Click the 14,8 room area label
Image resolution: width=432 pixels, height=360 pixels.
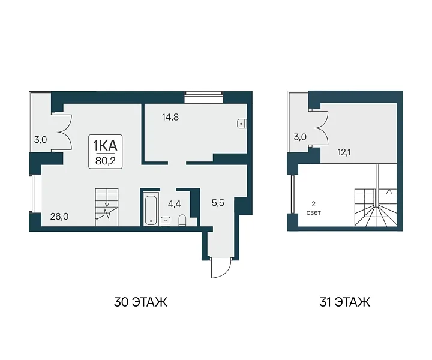tap(170, 118)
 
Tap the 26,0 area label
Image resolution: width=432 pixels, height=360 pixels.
tap(59, 217)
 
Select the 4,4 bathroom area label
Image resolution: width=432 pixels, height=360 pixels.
tap(174, 204)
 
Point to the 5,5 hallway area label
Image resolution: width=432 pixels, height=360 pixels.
tap(218, 203)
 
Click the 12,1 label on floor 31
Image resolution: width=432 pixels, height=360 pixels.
tap(344, 152)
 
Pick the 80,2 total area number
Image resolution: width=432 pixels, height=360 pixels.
tap(105, 161)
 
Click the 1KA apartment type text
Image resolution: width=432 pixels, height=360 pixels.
tap(105, 145)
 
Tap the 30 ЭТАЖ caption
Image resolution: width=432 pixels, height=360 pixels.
tap(140, 302)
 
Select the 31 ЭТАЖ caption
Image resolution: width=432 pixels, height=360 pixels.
tap(344, 302)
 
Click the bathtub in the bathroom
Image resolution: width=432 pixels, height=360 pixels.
tap(151, 210)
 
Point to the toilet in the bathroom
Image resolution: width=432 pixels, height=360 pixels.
tap(182, 220)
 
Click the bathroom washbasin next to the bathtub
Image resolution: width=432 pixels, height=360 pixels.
tap(166, 221)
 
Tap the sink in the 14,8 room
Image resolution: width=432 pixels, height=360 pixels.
tap(242, 124)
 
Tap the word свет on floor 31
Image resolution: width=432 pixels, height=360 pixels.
tap(314, 213)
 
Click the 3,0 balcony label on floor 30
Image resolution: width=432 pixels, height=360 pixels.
tap(41, 140)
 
